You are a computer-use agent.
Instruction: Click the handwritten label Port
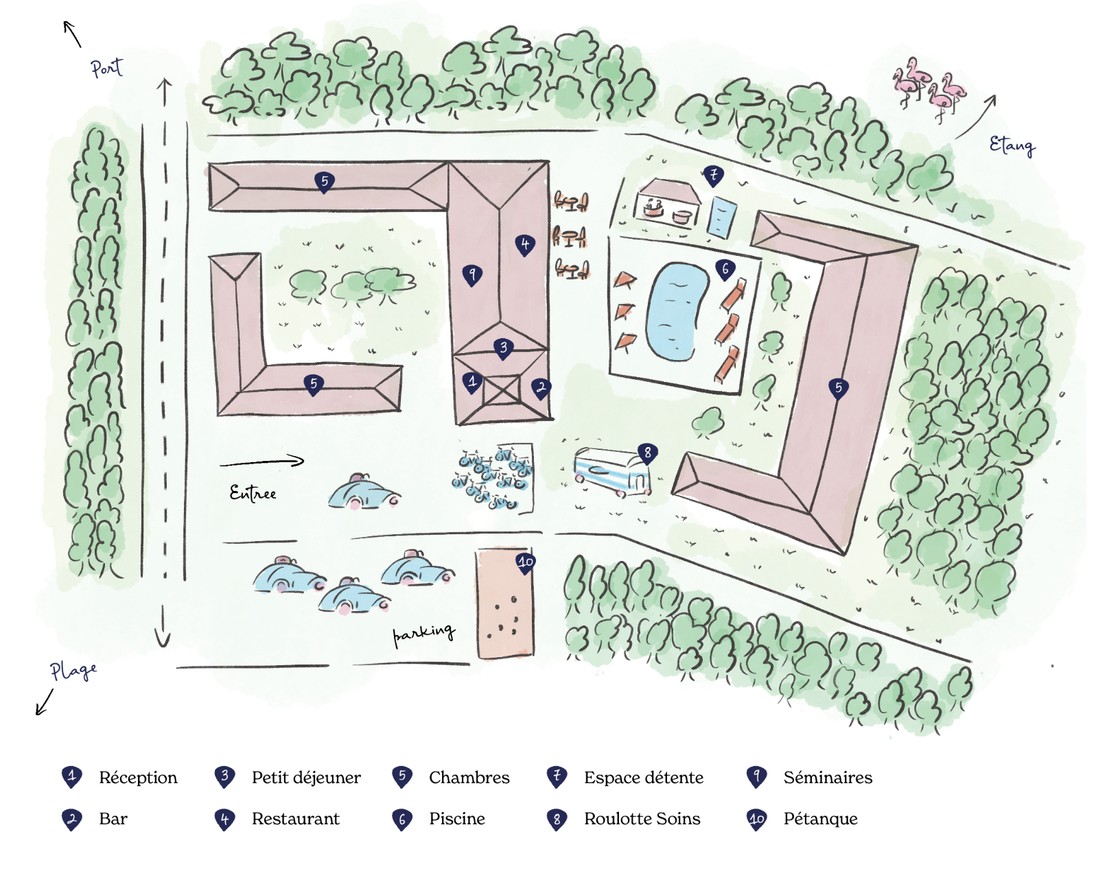pyautogui.click(x=106, y=67)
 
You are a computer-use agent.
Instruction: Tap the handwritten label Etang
pyautogui.click(x=1012, y=145)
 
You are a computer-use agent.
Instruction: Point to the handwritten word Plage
pyautogui.click(x=73, y=670)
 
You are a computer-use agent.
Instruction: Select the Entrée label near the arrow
pyautogui.click(x=253, y=493)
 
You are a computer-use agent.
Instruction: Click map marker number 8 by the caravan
pyautogui.click(x=647, y=453)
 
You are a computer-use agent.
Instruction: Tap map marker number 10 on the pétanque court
pyautogui.click(x=526, y=562)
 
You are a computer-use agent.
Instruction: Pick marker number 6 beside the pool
pyautogui.click(x=725, y=269)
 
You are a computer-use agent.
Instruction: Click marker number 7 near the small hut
pyautogui.click(x=714, y=175)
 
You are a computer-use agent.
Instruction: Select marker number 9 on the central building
pyautogui.click(x=472, y=274)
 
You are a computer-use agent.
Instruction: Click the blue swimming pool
pyautogui.click(x=677, y=311)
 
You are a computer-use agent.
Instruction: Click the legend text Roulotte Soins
pyautogui.click(x=642, y=819)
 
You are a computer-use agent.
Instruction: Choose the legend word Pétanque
pyautogui.click(x=820, y=819)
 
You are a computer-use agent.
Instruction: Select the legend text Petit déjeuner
pyautogui.click(x=306, y=778)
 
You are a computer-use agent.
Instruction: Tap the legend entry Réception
pyautogui.click(x=138, y=778)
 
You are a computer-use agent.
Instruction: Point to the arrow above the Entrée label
pyautogui.click(x=262, y=462)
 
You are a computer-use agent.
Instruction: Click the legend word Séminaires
pyautogui.click(x=828, y=778)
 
